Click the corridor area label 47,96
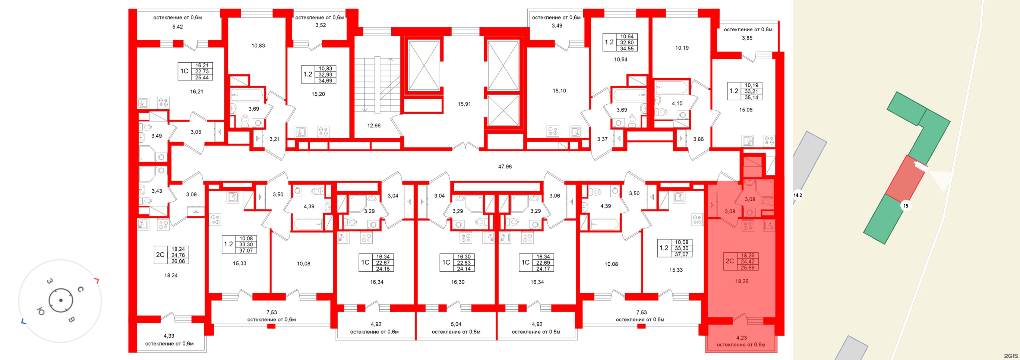(505, 167)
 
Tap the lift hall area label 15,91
(464, 104)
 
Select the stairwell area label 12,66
(374, 126)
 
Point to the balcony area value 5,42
(177, 27)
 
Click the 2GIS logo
(1011, 356)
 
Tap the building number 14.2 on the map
(798, 195)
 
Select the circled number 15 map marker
(906, 206)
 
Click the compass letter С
(80, 289)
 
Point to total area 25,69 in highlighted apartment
(748, 268)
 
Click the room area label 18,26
(742, 281)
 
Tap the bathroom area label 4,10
(677, 103)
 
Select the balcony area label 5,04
(456, 324)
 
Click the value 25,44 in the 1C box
(202, 78)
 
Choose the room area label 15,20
(318, 94)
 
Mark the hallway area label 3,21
(274, 139)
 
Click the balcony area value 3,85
(747, 38)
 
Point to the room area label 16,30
(458, 282)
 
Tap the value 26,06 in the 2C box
(178, 261)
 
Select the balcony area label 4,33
(169, 336)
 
